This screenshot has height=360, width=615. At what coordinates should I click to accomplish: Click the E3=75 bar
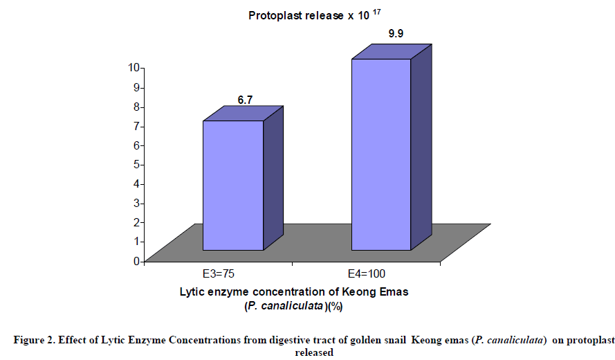(232, 186)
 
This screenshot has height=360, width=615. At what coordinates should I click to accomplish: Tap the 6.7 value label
(245, 100)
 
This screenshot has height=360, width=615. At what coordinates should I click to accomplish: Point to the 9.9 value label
(396, 33)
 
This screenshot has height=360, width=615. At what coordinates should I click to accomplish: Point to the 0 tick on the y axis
(138, 260)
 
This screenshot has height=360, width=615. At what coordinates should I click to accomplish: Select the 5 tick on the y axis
(138, 164)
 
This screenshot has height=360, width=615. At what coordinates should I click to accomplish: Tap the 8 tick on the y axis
(138, 106)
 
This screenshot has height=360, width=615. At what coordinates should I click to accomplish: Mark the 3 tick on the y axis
(138, 203)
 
